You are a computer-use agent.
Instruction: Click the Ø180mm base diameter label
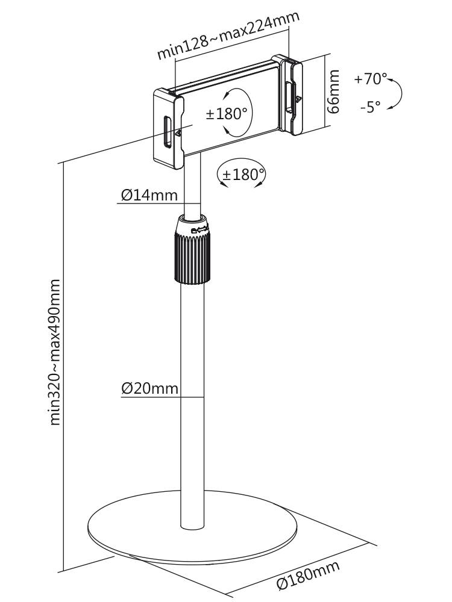308,574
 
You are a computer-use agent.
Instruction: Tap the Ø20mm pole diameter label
149,388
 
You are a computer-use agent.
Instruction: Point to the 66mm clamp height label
333,92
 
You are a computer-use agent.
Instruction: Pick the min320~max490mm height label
55,352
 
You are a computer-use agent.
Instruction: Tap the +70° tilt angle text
369,79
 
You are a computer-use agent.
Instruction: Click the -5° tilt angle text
370,107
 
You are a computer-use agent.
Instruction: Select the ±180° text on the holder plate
226,114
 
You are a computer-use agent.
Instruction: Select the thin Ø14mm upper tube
192,187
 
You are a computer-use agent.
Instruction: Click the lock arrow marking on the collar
199,229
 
